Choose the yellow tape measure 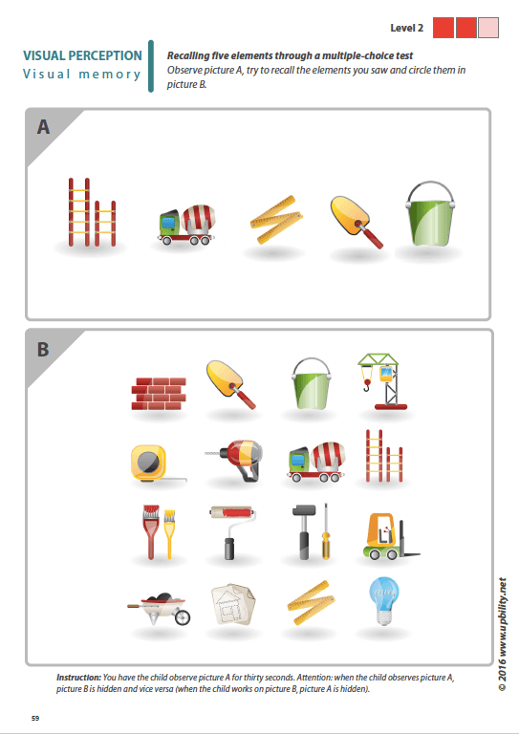149,461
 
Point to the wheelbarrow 159,606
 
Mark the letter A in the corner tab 44,127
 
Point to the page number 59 35,717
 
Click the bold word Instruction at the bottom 78,676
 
